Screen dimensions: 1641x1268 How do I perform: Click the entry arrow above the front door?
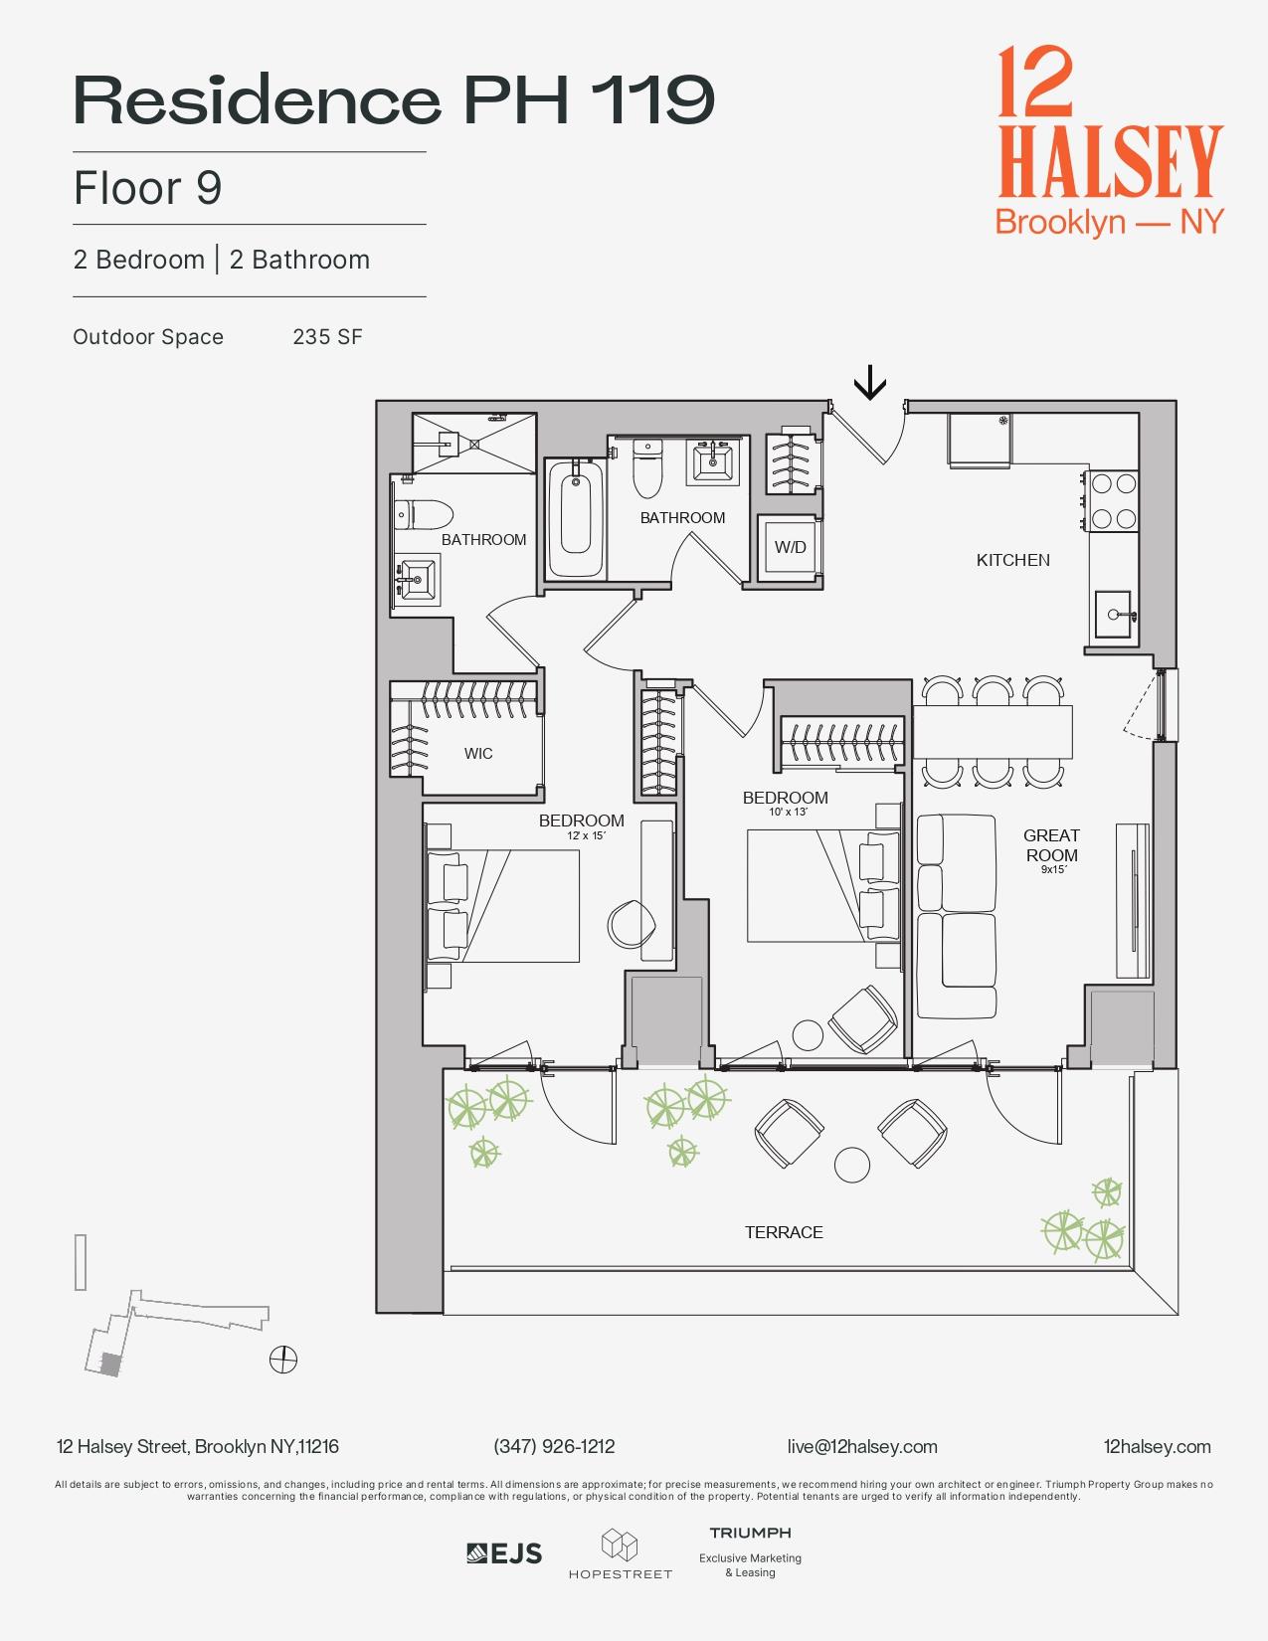[870, 382]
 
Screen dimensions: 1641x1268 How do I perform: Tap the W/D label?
[791, 547]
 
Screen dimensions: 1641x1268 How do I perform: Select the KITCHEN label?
[1012, 560]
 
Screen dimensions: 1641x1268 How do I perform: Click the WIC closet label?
[478, 754]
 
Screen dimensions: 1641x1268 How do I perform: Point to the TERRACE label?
[784, 1232]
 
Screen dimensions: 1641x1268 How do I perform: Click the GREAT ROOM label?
[1051, 845]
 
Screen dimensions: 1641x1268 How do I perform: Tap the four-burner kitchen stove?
[1113, 501]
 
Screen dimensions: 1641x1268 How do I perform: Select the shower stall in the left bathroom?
[474, 444]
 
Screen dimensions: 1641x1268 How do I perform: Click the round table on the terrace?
[852, 1165]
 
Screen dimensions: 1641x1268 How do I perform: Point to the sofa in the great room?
[956, 916]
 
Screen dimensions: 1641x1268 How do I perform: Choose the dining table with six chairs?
[993, 732]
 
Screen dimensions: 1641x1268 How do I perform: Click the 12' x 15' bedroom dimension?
[586, 836]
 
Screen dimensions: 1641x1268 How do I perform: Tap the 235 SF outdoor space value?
[327, 337]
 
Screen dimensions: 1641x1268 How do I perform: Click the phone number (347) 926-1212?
[554, 1446]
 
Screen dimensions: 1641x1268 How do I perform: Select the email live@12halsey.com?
[861, 1446]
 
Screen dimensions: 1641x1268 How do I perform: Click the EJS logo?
[505, 1553]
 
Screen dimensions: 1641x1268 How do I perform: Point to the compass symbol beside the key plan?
[283, 1359]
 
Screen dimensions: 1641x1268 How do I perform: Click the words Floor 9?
[147, 188]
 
